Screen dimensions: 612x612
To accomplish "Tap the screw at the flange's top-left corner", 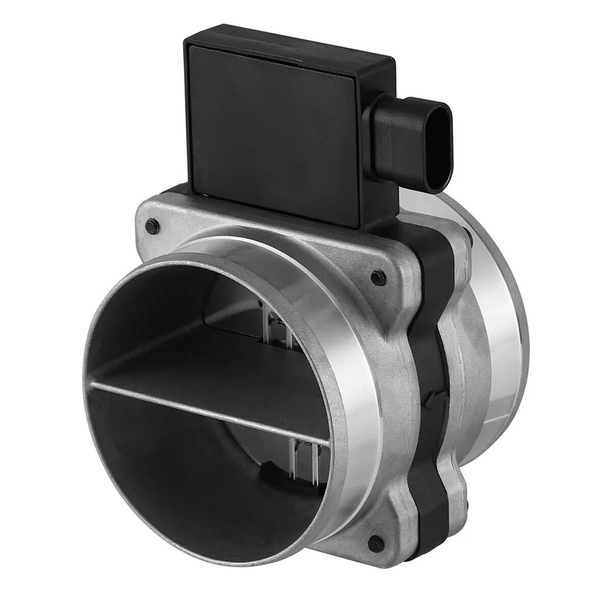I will point(152,225).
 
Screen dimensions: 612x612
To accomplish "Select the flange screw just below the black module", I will point(378,277).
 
